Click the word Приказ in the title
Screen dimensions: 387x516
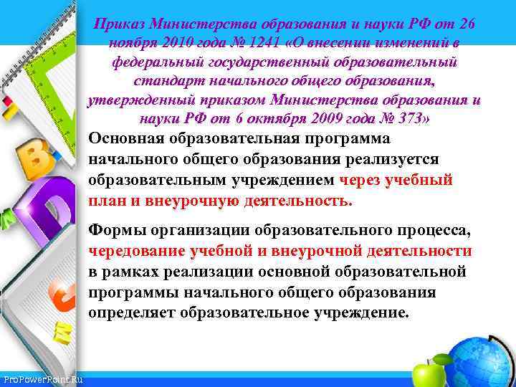click(117, 25)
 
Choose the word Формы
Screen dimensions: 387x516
click(112, 230)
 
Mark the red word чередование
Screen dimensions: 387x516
click(137, 251)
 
